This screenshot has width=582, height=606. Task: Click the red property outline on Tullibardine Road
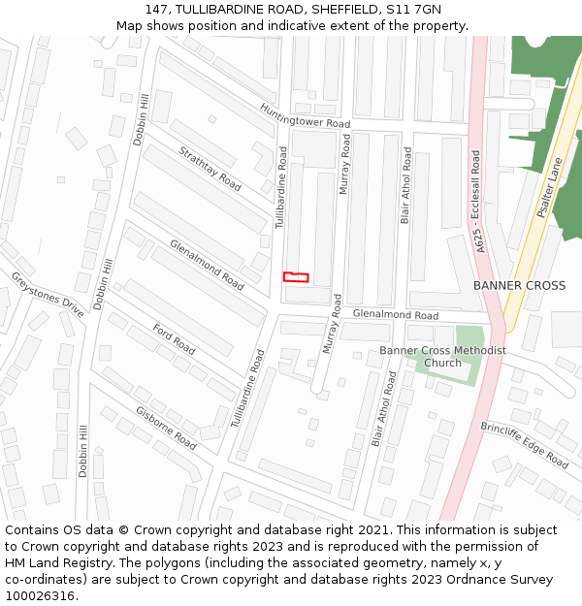pos(296,277)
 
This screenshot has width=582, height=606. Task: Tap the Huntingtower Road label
pos(305,116)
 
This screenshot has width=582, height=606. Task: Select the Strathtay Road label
pos(210,168)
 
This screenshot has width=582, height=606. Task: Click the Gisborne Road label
pos(166,428)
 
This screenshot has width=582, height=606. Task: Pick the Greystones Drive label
pos(48,295)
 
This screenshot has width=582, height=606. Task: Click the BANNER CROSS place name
pos(519,286)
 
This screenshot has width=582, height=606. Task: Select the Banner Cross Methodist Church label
pos(442,356)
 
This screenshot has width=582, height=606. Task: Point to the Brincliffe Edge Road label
pos(524,445)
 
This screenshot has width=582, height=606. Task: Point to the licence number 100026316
pos(40,596)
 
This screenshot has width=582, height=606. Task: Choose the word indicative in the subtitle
pos(292,26)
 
